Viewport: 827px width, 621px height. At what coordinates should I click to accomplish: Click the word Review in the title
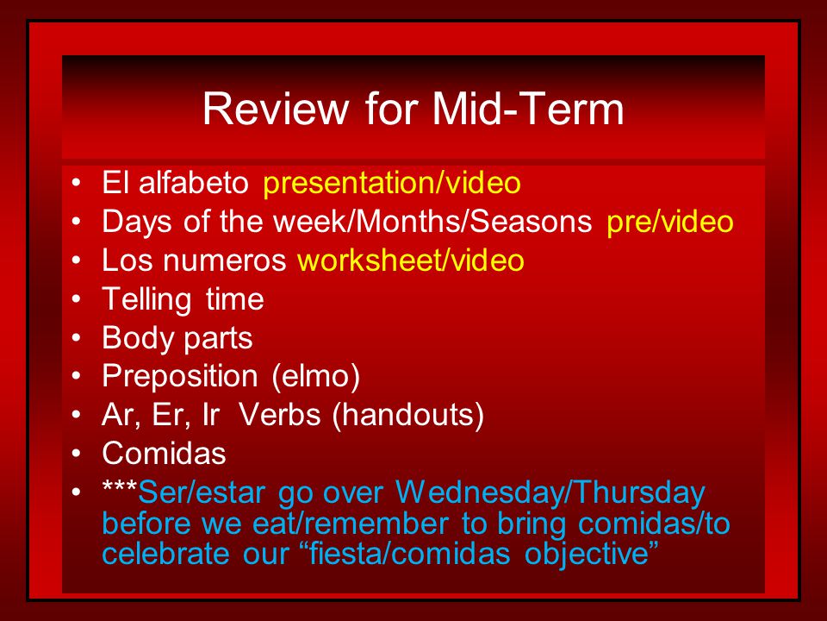coord(276,109)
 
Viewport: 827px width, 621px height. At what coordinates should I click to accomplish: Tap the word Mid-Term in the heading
coord(528,109)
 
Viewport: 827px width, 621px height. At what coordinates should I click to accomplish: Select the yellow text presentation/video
coord(392,184)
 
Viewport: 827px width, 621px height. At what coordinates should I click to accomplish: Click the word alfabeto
coord(194,183)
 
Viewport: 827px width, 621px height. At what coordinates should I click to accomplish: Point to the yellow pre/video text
coord(670,223)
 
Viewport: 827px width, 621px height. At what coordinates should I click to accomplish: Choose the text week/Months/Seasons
coord(432,222)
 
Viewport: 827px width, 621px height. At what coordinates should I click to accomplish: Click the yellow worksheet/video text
coord(411,260)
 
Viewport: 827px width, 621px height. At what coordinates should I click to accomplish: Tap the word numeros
coord(224,261)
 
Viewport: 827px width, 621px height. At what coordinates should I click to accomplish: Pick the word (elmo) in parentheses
coord(316,377)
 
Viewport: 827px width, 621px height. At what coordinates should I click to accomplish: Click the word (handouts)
coord(407,416)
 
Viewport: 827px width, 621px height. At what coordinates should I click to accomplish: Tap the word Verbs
coord(279,415)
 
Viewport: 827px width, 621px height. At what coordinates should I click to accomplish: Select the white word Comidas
coord(164,454)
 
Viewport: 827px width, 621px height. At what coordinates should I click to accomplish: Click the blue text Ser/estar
coord(202,493)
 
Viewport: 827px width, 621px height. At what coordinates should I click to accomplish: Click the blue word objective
coord(586,555)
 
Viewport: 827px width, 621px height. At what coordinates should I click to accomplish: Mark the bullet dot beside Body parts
coord(77,338)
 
